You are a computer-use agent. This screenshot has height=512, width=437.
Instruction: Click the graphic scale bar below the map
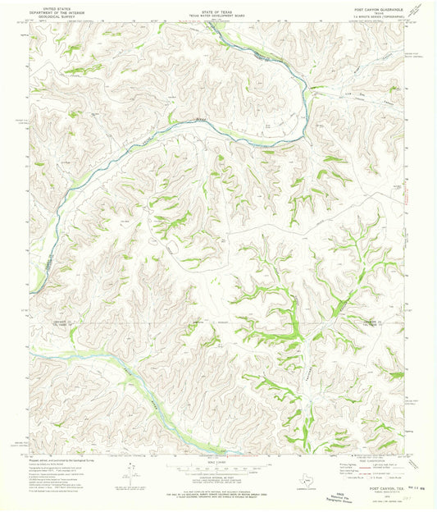tap(217, 468)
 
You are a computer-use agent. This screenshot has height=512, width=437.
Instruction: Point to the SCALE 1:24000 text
tap(217, 462)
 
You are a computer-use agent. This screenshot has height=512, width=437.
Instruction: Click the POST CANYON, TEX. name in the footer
tap(377, 483)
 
